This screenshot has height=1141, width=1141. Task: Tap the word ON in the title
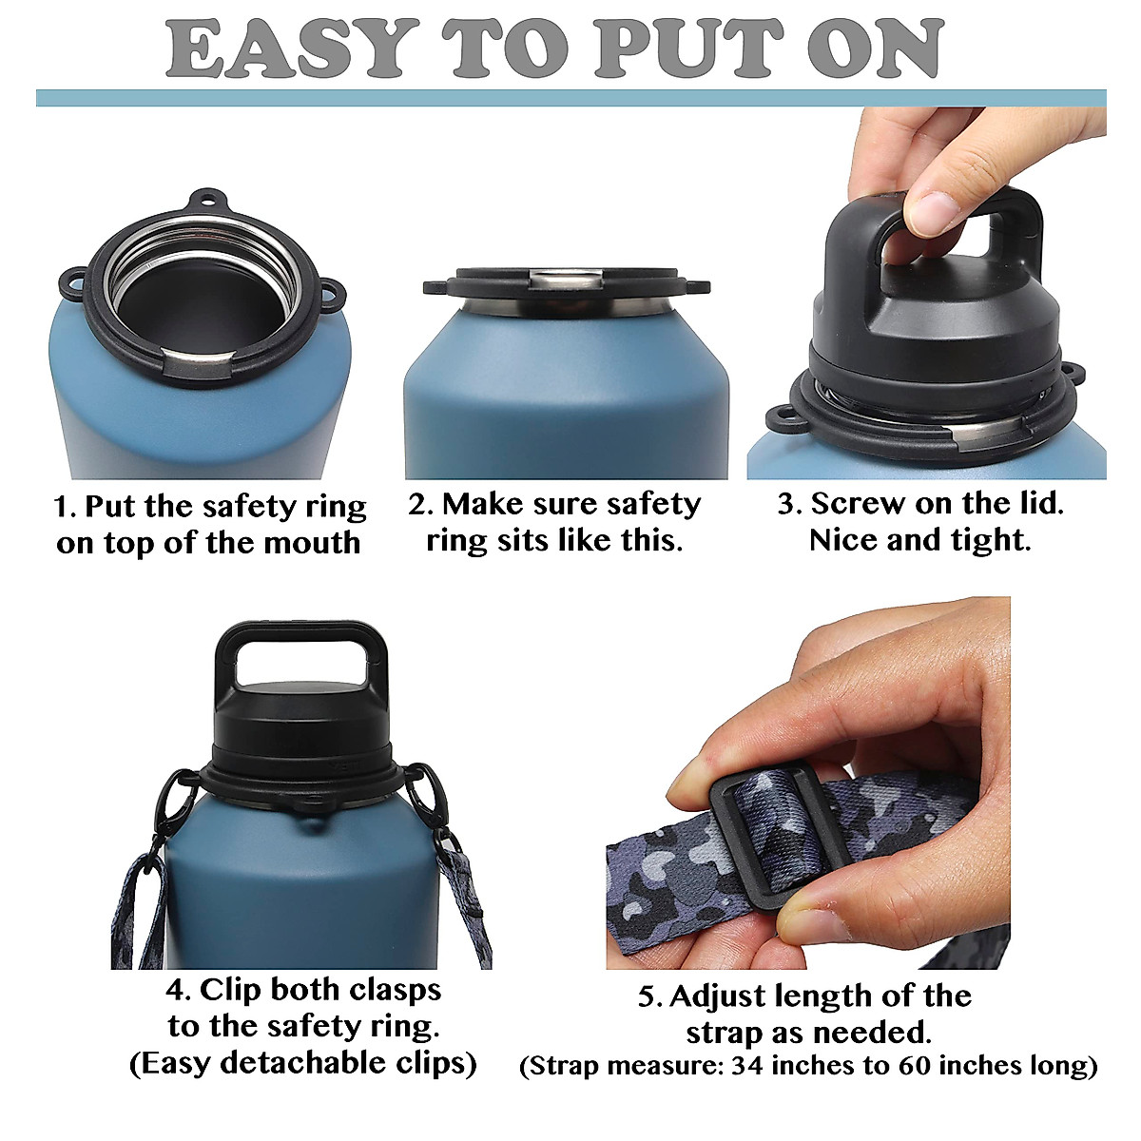(876, 48)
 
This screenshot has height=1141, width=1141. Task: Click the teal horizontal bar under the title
(570, 98)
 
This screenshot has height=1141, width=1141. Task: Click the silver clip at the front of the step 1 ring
(199, 358)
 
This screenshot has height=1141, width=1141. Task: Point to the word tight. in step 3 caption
(991, 540)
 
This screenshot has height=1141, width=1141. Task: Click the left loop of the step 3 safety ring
(781, 418)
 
